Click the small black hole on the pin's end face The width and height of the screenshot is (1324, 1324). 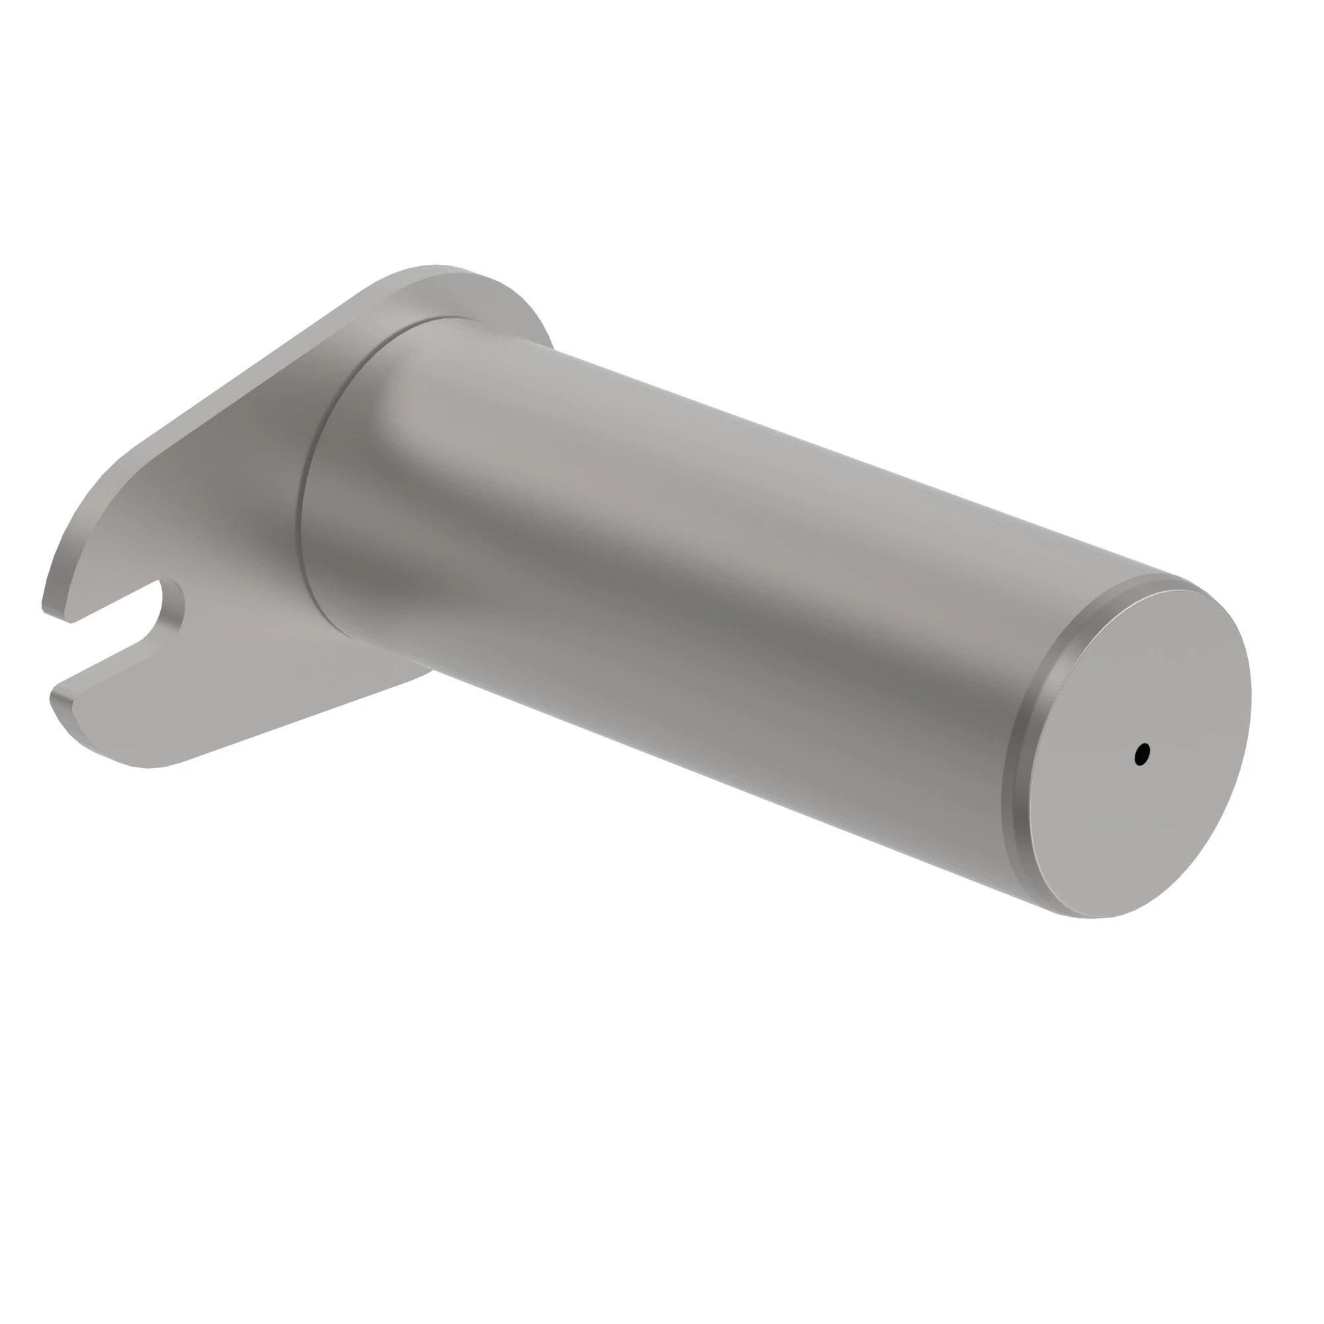tap(1142, 755)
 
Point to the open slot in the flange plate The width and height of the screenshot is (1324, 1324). tap(117, 638)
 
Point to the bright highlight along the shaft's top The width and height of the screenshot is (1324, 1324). tap(754, 439)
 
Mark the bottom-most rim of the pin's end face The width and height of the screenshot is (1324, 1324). tap(1096, 916)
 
